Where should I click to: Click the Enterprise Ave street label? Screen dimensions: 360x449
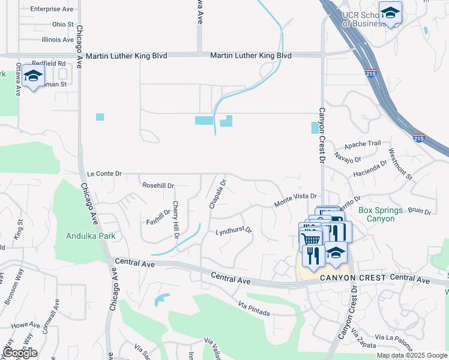click(51, 9)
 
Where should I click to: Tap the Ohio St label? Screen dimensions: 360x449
click(62, 25)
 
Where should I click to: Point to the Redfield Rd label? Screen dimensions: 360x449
click(49, 63)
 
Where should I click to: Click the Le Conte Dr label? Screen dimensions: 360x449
click(104, 173)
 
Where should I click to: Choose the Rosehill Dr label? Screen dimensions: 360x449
click(158, 185)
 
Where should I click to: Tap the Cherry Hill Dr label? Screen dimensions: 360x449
click(176, 219)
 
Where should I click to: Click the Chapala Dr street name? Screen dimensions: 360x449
click(217, 194)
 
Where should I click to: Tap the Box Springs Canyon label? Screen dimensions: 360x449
click(376, 214)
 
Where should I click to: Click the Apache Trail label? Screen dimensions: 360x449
click(362, 144)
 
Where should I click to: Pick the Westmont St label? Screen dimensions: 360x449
click(400, 164)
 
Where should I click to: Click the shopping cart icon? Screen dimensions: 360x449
click(310, 239)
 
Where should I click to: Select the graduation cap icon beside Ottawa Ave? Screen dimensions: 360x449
click(34, 76)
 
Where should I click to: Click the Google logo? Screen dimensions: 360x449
click(20, 353)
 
